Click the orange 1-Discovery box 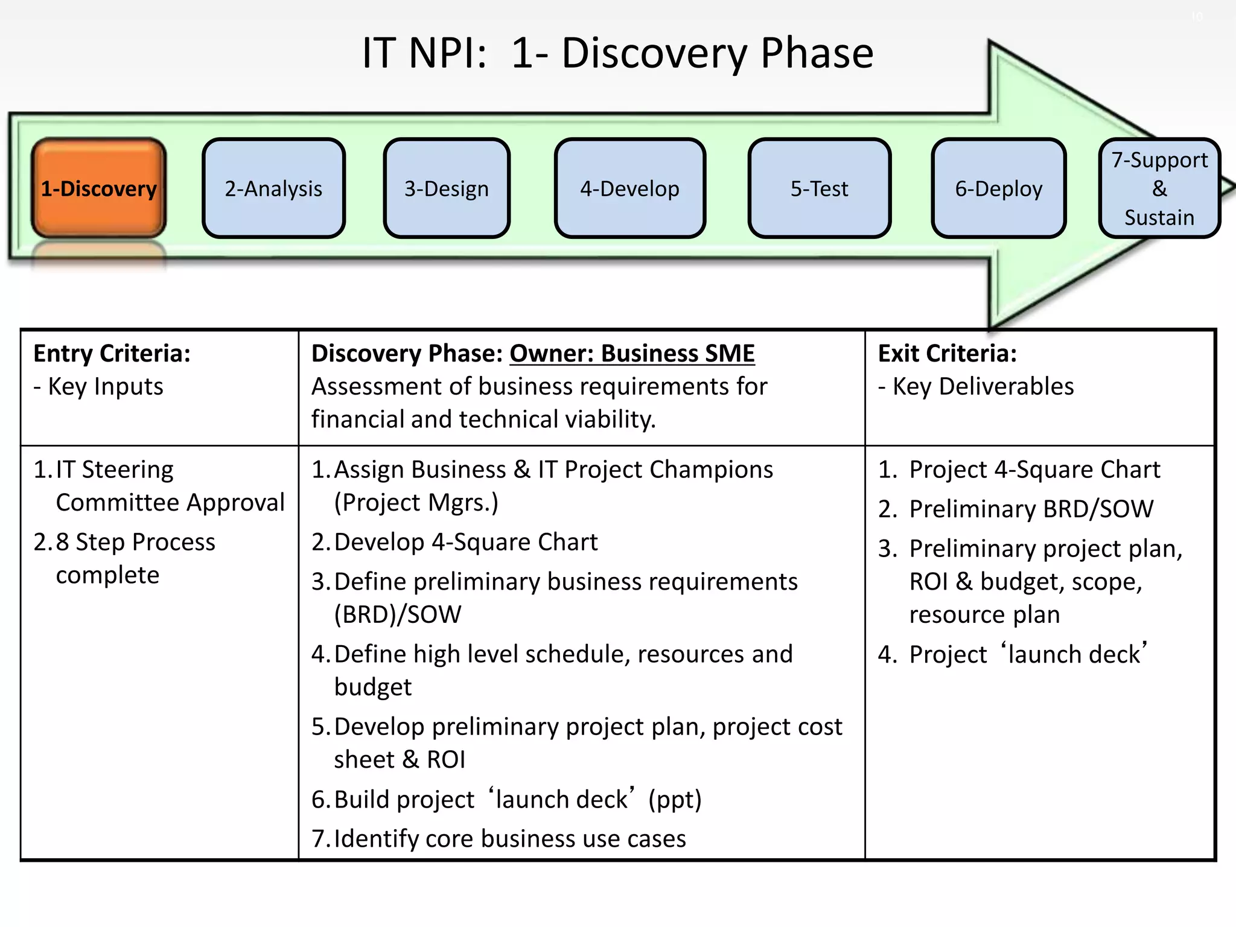click(98, 188)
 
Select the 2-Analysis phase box click(273, 188)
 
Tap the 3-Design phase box click(447, 188)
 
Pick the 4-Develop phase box click(629, 188)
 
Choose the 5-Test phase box click(819, 188)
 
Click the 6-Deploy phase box click(998, 188)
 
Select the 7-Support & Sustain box click(1159, 188)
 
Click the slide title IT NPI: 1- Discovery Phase click(617, 53)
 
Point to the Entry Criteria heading click(112, 354)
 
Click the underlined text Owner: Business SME click(632, 354)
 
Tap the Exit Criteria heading click(947, 354)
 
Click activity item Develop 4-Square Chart click(465, 542)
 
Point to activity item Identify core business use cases click(509, 838)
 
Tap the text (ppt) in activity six click(675, 799)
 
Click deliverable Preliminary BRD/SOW click(1031, 509)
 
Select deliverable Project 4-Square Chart click(1034, 470)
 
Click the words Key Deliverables click(983, 386)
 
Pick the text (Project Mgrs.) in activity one click(416, 503)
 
